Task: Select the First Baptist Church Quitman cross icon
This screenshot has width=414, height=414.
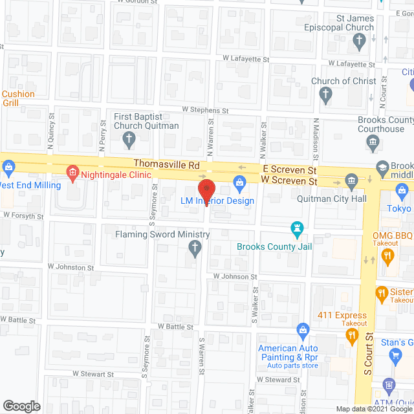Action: pos(129,138)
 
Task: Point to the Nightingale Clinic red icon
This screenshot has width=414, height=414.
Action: pos(72,172)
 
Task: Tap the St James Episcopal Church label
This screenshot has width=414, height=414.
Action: pos(339,23)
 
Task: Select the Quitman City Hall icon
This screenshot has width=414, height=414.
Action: pos(351,179)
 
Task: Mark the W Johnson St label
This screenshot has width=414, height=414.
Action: pos(235,276)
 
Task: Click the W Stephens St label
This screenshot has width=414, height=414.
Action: pos(206,111)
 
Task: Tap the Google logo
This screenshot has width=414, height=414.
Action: pos(21,406)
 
